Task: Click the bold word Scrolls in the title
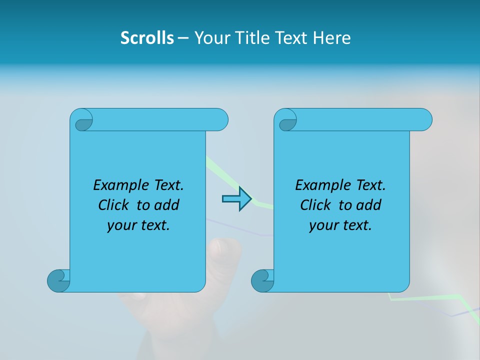[147, 38]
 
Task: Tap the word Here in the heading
[332, 38]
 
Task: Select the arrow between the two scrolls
[236, 199]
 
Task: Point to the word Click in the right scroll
[315, 205]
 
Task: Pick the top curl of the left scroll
[82, 121]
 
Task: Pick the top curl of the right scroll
[286, 121]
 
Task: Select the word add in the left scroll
[167, 205]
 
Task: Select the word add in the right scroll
[369, 205]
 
